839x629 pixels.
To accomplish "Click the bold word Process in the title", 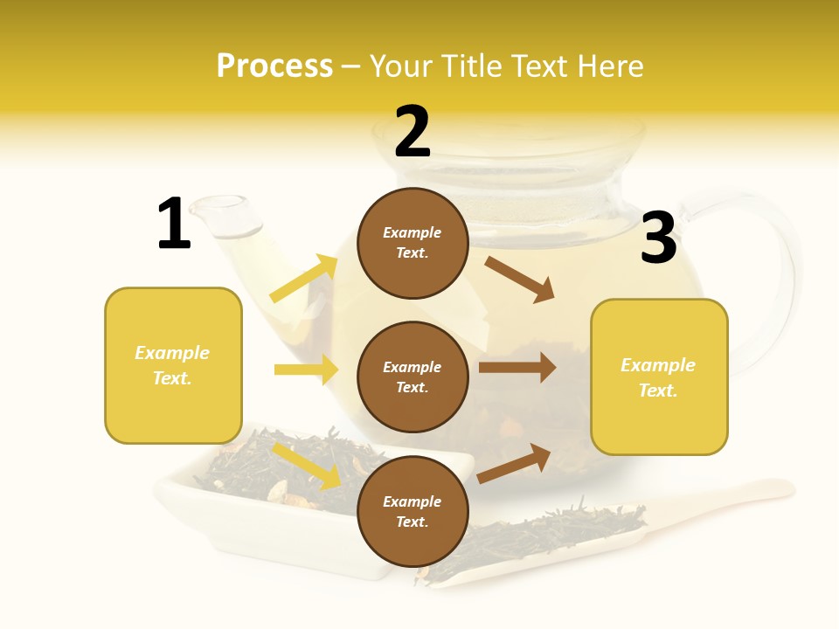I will (274, 66).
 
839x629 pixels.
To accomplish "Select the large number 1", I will (174, 224).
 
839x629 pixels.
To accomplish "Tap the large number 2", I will (413, 132).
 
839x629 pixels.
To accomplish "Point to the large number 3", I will (658, 238).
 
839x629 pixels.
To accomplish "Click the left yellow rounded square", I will (173, 365).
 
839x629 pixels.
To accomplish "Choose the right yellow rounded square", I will (659, 377).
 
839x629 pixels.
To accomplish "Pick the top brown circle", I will (413, 243).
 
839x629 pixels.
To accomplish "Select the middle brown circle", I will (413, 377).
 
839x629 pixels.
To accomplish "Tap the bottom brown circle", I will (413, 512).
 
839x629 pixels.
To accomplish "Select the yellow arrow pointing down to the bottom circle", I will (307, 466).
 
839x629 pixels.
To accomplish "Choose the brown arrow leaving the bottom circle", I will (514, 463).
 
